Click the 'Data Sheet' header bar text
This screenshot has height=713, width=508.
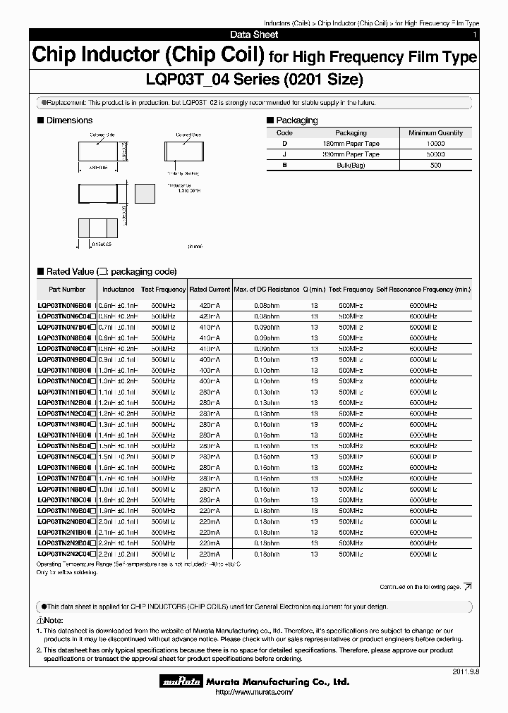pos(254,35)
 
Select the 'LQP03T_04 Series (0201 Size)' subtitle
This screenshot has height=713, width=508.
pos(254,80)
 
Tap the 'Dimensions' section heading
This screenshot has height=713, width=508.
pos(69,120)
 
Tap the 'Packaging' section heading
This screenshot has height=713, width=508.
pos(296,120)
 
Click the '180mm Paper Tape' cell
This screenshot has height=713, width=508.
pos(351,143)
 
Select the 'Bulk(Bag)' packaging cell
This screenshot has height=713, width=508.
pos(351,165)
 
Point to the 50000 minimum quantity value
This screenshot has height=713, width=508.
pos(435,154)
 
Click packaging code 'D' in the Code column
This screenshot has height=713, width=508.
pos(284,143)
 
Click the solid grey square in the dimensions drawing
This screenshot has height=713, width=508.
pos(145,193)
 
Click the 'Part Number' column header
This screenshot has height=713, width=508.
pos(67,290)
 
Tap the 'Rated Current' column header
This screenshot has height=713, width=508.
pos(210,290)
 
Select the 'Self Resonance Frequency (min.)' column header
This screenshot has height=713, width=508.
pos(423,290)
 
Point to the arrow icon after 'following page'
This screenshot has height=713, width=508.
pos(468,586)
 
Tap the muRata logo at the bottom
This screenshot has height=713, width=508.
pos(184,681)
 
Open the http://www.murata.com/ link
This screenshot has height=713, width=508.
pos(253,693)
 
